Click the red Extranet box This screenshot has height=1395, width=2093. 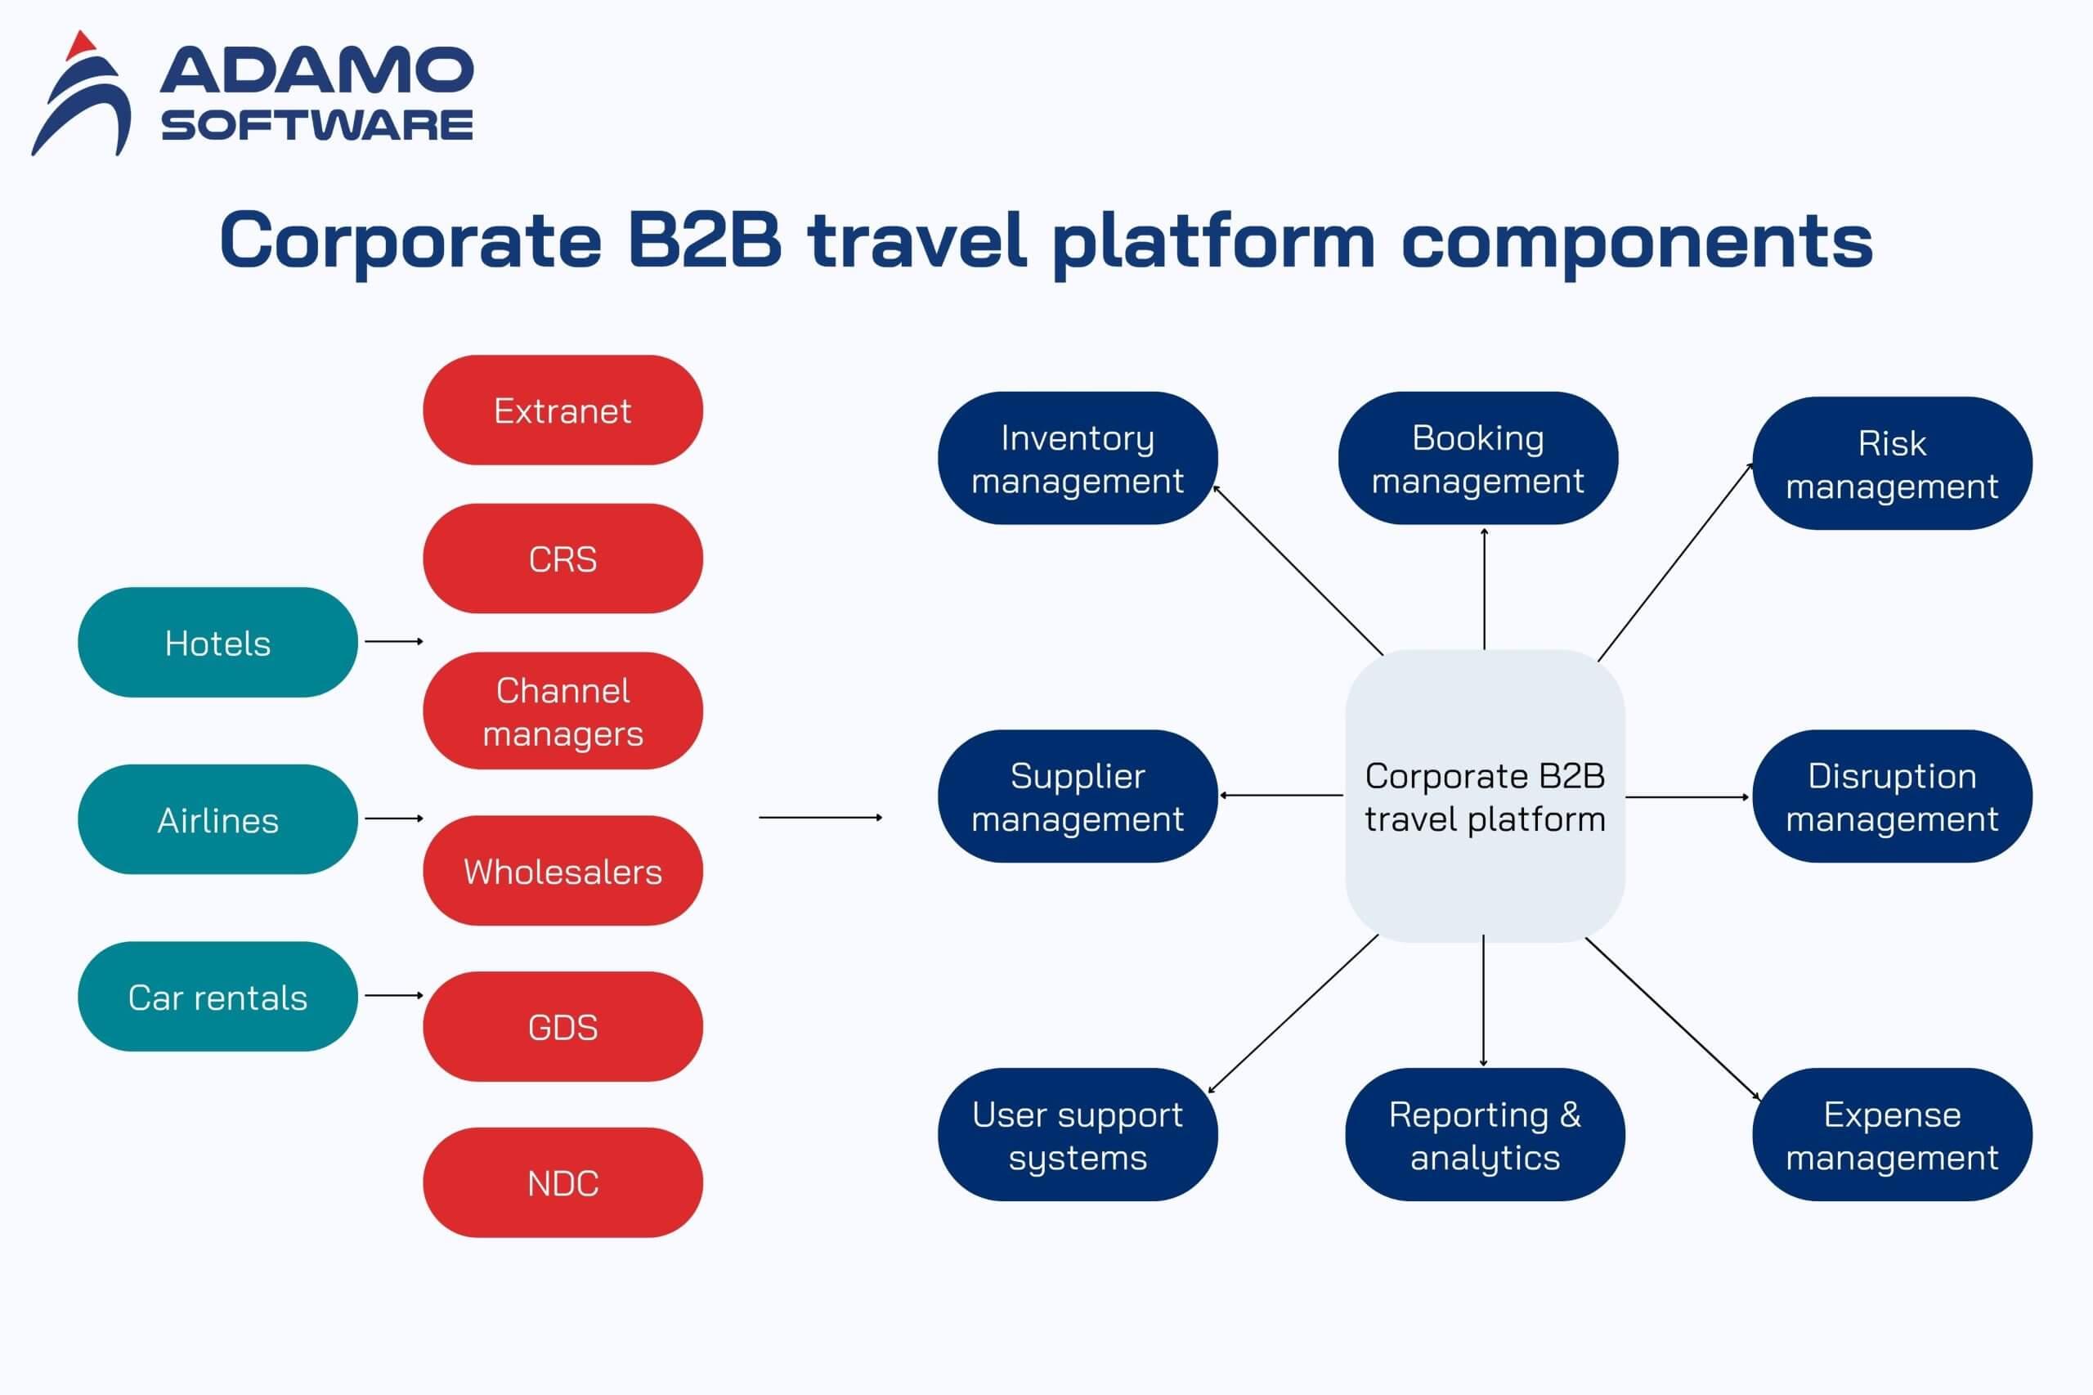tap(562, 410)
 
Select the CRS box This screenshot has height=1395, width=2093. tap(562, 558)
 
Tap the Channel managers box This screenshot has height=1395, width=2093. tap(562, 711)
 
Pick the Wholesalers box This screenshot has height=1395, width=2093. tap(562, 871)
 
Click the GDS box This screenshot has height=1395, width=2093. tap(562, 1027)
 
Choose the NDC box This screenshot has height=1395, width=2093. tap(562, 1182)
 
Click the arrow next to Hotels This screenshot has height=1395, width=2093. tap(393, 641)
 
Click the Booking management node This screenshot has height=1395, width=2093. tap(1477, 458)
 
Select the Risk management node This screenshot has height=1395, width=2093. tap(1891, 464)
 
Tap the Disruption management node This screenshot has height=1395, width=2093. tap(1891, 796)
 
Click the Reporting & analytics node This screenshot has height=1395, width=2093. tap(1484, 1134)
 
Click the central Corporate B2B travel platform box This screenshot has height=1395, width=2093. tap(1484, 796)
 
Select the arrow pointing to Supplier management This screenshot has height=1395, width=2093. tap(1281, 796)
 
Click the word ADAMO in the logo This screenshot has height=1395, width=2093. tap(316, 71)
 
